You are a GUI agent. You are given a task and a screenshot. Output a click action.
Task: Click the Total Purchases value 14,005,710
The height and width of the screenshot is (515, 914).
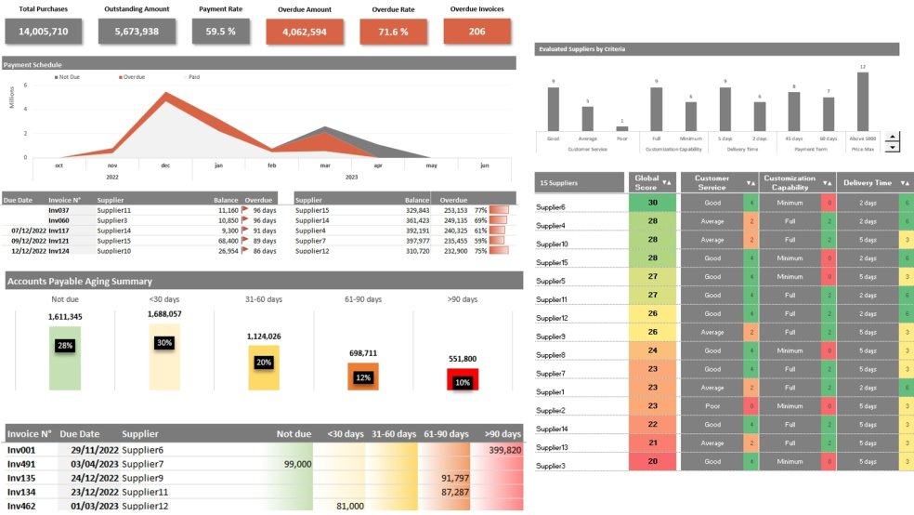point(44,31)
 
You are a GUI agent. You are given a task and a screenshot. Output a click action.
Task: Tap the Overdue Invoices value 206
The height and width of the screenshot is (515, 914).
point(477,31)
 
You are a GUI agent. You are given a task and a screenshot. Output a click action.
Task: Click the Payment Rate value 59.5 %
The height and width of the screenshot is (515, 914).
point(220,31)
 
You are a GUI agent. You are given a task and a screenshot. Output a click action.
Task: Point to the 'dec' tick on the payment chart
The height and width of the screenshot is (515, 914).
point(165,165)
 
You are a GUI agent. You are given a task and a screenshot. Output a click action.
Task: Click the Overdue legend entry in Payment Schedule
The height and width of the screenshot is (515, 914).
point(133,77)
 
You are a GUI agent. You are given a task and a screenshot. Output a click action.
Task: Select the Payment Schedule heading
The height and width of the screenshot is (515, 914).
point(33,65)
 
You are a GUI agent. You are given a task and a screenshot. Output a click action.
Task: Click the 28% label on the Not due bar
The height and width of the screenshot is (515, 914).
point(65,345)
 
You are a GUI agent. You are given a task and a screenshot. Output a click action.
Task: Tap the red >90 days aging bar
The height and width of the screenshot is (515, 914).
point(463,379)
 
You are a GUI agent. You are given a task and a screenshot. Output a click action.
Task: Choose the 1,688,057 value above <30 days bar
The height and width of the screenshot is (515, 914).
point(164,314)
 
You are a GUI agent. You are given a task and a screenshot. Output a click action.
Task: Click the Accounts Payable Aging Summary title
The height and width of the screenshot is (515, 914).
point(79,281)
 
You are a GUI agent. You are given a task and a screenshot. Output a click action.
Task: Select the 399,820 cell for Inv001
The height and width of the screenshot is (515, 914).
point(503,449)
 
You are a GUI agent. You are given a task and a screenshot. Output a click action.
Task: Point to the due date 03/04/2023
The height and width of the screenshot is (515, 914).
point(94,463)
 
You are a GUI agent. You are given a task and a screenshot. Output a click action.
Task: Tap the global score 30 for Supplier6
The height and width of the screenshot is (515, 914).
point(653,203)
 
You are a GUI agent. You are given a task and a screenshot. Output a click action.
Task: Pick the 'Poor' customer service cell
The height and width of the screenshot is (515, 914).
point(712,406)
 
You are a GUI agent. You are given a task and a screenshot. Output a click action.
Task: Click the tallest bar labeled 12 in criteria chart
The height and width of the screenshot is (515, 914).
point(863,101)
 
